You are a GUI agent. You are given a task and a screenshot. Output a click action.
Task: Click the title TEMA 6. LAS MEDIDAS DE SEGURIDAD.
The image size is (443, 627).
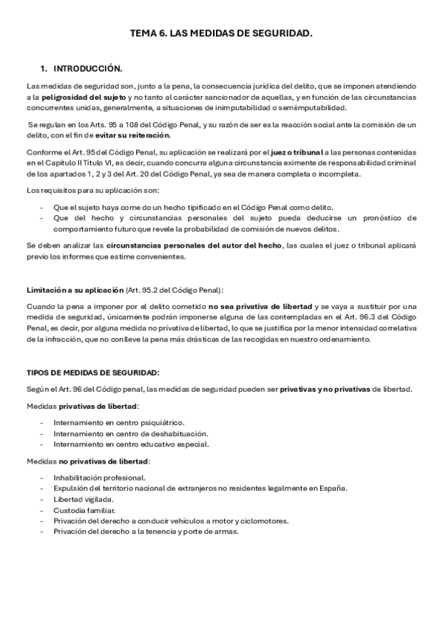pos(221,33)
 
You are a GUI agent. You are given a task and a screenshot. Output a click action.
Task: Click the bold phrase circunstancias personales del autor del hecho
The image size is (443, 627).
pos(194,245)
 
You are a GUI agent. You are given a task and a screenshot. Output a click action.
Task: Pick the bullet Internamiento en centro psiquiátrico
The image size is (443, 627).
pos(118,422)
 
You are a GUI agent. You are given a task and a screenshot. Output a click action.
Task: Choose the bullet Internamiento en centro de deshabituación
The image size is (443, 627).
pos(130,433)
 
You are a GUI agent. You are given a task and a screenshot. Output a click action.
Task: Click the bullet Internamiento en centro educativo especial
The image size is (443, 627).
pos(131,444)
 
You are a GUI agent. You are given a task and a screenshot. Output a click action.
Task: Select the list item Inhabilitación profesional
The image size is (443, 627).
pos(99,477)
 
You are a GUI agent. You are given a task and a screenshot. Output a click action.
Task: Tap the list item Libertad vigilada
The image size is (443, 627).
pos(86,499)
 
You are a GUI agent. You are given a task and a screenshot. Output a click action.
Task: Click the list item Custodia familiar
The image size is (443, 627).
pos(84,510)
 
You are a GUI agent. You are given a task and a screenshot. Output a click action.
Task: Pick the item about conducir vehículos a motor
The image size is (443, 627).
pos(170,521)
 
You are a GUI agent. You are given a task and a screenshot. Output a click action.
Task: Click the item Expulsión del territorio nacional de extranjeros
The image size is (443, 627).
pos(200,488)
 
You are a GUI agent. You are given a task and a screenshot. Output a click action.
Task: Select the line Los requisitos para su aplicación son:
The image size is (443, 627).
pos(84,191)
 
